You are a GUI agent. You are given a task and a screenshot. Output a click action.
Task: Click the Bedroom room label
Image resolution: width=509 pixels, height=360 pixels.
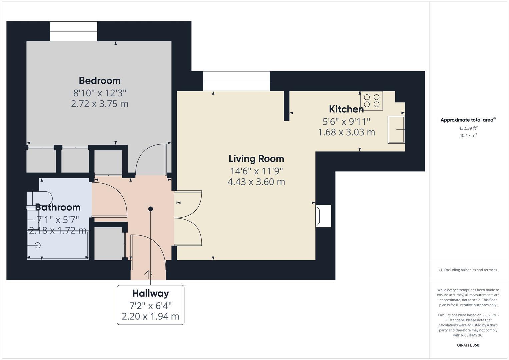100,81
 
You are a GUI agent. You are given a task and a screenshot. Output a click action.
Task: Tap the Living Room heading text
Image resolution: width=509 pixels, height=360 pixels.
256,159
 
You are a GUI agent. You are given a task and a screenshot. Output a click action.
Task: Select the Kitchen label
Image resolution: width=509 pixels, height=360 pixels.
346,109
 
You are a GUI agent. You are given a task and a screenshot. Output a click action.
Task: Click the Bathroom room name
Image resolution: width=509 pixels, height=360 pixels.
58,207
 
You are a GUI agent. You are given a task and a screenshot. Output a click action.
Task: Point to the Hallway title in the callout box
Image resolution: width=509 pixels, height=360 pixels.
150,293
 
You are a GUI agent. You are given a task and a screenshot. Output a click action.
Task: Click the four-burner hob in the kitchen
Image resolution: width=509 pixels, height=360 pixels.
371,101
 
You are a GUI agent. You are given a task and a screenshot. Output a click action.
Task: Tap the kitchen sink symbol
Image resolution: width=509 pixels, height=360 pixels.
396,130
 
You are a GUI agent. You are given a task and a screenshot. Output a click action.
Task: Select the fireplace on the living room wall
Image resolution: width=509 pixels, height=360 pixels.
323,216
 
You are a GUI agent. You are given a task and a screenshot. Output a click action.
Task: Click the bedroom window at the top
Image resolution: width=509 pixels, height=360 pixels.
74,31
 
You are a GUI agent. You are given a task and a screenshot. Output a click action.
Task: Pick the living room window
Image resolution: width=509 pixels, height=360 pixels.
236,81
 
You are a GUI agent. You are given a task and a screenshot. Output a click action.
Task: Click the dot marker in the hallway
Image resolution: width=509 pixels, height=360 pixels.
150,209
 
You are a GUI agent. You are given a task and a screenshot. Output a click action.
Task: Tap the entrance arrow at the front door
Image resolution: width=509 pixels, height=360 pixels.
148,274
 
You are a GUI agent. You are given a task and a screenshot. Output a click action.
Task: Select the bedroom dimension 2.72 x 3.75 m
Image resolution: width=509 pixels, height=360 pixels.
100,104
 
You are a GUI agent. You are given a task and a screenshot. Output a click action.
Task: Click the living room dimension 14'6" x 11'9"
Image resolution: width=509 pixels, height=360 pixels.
256,171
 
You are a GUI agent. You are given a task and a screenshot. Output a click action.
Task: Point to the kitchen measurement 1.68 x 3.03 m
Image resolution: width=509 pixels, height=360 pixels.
346,132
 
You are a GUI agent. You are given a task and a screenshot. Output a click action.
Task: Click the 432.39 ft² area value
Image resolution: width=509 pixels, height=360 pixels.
468,128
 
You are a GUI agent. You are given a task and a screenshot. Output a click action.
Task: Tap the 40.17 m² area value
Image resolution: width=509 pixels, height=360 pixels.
468,135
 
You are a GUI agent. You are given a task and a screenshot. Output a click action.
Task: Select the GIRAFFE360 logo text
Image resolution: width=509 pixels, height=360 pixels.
468,345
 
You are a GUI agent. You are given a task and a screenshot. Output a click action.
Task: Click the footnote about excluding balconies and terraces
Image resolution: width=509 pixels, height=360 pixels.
468,270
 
